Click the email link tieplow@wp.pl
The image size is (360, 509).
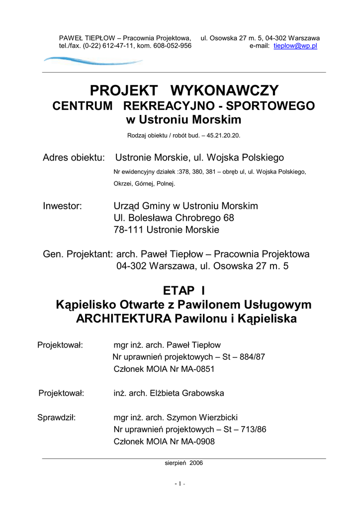click(x=295, y=46)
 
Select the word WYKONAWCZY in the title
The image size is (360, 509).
click(x=225, y=91)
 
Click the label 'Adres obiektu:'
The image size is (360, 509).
click(x=74, y=158)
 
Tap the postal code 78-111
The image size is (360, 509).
click(x=128, y=230)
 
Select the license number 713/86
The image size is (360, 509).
click(x=254, y=429)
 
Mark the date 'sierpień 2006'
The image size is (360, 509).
click(x=183, y=463)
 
